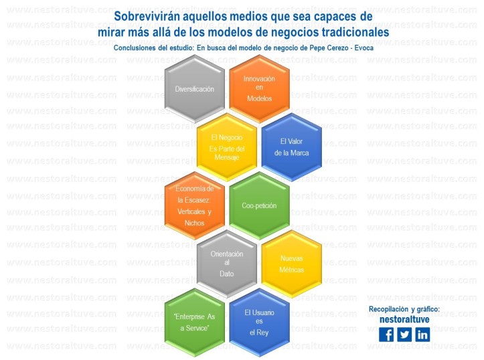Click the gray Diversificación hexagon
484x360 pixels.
pos(194,89)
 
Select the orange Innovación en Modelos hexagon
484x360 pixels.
pos(259,89)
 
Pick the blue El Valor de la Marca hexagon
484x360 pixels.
pos(291,147)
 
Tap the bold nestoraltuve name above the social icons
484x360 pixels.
pos(404,319)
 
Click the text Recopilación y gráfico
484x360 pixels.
pos(404,308)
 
